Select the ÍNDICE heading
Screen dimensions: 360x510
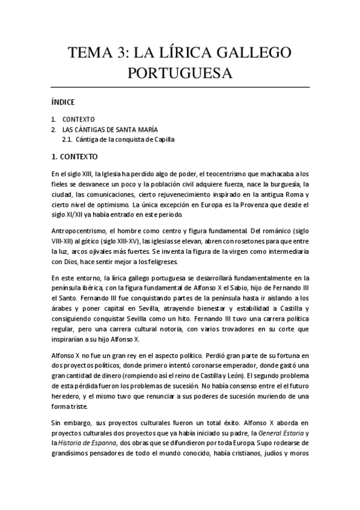coord(63,102)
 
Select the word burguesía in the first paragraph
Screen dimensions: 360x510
coord(279,184)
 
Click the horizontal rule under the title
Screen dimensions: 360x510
coord(180,88)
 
